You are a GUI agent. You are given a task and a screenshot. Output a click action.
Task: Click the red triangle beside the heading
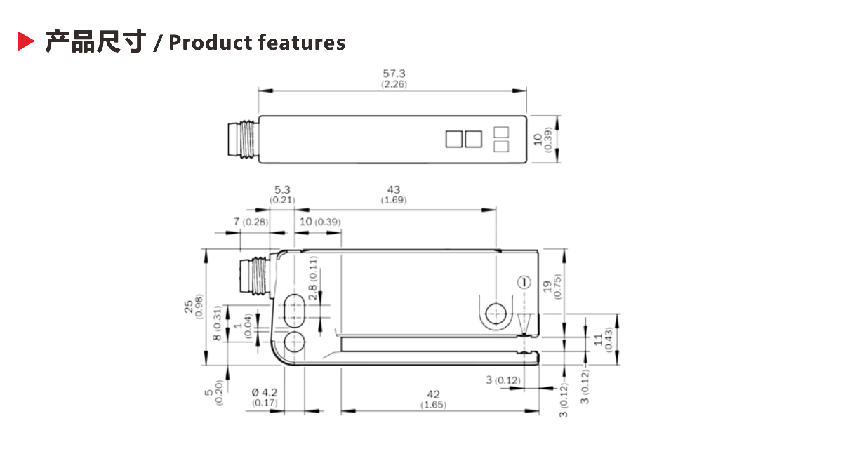click(x=26, y=42)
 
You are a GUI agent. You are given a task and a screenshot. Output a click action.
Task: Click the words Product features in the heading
click(x=257, y=43)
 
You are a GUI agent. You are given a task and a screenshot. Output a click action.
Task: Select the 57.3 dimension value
click(x=394, y=73)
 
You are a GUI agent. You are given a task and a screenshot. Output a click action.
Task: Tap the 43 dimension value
click(x=394, y=189)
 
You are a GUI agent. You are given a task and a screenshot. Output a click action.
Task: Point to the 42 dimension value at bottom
click(x=433, y=394)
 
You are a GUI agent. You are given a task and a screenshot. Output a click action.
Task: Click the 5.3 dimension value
click(x=282, y=189)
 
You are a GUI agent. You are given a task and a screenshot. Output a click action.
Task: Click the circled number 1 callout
click(x=524, y=283)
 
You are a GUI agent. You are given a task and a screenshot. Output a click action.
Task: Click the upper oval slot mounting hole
click(x=294, y=309)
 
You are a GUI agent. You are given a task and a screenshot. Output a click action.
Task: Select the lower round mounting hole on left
click(x=294, y=342)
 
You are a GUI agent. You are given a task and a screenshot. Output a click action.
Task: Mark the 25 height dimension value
click(x=189, y=307)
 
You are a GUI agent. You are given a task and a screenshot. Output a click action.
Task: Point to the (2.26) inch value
click(x=394, y=84)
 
